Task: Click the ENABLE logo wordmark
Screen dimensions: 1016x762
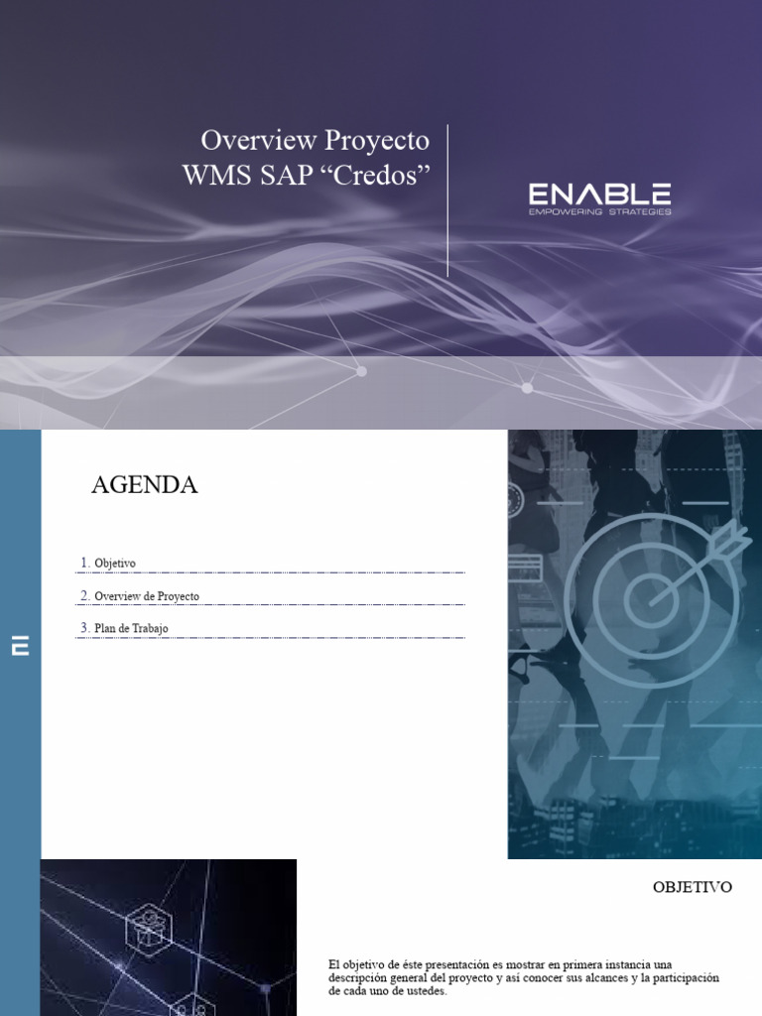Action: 599,194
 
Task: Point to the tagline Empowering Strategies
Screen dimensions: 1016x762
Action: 599,211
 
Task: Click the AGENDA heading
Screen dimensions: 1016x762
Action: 145,485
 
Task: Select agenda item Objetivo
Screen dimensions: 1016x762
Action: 115,564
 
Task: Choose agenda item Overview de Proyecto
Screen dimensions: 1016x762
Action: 147,596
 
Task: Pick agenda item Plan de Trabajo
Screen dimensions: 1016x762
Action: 131,628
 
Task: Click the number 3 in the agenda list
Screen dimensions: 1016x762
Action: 84,628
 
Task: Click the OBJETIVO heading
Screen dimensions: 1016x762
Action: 693,887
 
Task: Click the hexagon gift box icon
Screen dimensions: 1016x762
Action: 149,930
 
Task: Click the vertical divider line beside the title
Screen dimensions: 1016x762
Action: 447,199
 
